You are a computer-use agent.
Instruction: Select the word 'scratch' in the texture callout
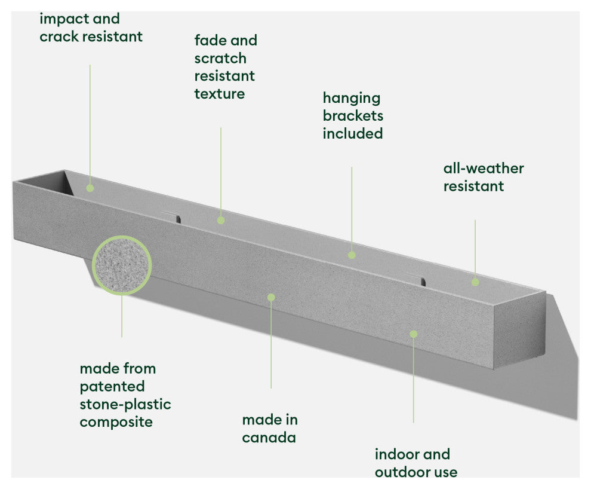tap(220, 59)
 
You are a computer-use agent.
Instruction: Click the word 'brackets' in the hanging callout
tap(353, 115)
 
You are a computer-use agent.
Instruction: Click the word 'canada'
tap(269, 438)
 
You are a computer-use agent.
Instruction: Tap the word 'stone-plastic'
tap(125, 404)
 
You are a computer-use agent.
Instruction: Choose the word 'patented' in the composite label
tap(112, 386)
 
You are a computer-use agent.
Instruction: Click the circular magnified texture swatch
tap(122, 265)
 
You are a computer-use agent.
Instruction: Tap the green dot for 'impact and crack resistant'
tap(90, 188)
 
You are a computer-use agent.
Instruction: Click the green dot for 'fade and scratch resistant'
tap(221, 220)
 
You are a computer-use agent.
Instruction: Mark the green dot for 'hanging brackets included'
tap(352, 255)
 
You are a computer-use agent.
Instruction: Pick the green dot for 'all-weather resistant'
tap(475, 282)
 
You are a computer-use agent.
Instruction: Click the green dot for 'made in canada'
tap(271, 297)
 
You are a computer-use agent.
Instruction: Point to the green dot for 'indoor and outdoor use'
tap(413, 334)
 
